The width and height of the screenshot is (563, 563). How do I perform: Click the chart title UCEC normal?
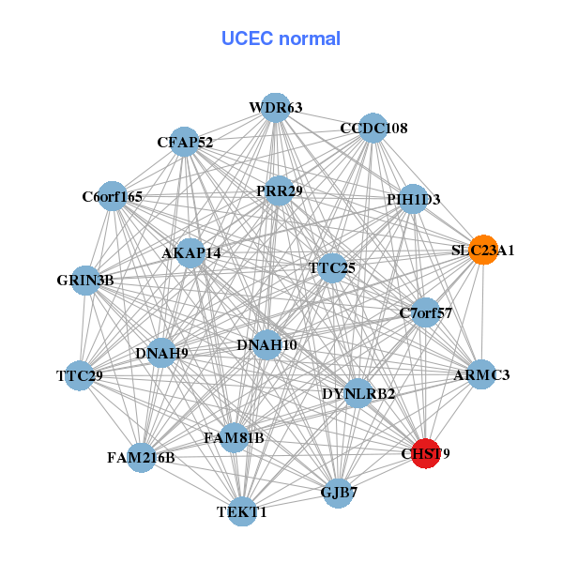click(281, 38)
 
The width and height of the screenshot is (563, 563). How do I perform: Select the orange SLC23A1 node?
click(482, 250)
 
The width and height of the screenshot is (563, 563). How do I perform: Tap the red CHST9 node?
click(426, 453)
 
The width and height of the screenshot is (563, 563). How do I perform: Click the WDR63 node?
click(275, 108)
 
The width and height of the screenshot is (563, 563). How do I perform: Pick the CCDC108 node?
click(373, 128)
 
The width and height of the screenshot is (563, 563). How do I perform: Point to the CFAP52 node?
click(185, 143)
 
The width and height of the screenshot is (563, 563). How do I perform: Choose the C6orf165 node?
click(113, 196)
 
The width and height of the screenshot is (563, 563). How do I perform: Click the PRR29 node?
click(279, 190)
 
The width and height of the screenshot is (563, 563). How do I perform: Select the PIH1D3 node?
click(413, 199)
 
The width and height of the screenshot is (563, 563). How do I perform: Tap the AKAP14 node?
click(191, 252)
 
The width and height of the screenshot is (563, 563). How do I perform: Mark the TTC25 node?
click(332, 267)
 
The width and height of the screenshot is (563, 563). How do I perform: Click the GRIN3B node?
click(85, 280)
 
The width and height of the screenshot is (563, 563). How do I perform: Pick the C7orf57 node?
click(426, 312)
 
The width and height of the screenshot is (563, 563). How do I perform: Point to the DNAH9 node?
click(161, 353)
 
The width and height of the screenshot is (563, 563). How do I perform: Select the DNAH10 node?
click(266, 344)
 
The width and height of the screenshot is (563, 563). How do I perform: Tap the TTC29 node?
click(79, 376)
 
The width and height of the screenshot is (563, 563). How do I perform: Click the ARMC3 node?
click(481, 374)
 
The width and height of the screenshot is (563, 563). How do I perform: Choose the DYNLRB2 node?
click(358, 392)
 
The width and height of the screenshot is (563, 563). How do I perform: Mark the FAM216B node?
click(141, 458)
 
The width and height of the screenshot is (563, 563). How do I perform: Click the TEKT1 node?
click(242, 511)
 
